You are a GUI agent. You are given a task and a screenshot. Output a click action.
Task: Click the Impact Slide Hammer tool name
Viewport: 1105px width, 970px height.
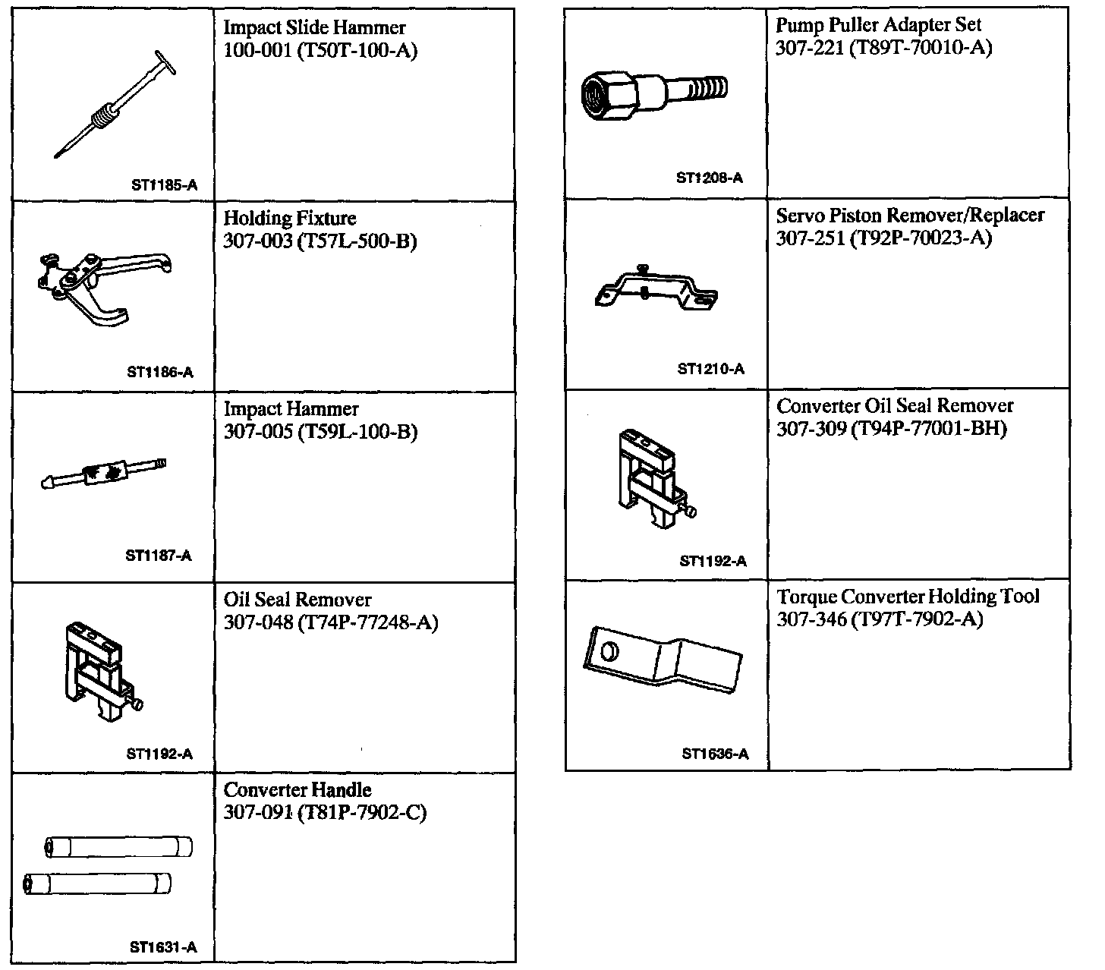(x=314, y=28)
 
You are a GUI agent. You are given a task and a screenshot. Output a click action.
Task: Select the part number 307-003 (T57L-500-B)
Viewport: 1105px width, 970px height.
(x=320, y=241)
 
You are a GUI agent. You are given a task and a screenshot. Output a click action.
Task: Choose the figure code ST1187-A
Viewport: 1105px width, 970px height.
(x=159, y=556)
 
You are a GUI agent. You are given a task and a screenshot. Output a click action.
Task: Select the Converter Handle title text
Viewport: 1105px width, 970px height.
(x=297, y=790)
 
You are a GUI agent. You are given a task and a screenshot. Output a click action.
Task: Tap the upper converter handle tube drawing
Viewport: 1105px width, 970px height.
(x=118, y=847)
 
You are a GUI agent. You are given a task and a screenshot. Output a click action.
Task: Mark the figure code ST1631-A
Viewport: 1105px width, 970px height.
(x=163, y=947)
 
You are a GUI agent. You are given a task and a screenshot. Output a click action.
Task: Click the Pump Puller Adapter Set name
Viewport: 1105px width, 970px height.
(x=878, y=25)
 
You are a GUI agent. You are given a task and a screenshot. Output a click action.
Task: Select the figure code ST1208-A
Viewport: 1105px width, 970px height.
(x=710, y=178)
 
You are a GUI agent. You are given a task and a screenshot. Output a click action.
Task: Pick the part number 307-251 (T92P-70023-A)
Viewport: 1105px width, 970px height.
(x=883, y=238)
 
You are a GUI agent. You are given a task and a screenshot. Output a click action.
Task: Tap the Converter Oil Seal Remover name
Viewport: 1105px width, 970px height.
(x=895, y=406)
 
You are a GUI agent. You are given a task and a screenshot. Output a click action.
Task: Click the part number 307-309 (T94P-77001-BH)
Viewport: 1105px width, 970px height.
(x=891, y=429)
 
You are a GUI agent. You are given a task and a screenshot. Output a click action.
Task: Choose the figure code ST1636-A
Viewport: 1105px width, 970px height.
(x=715, y=754)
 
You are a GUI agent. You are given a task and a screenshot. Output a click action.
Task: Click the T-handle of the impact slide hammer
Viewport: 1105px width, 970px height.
(x=165, y=61)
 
